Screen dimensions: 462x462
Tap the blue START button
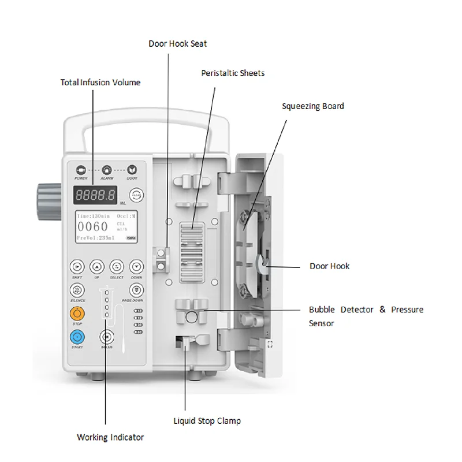tap(77, 337)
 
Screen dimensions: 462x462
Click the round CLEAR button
tap(136, 195)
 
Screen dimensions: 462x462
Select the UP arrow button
tap(97, 266)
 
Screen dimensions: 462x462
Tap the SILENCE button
tap(77, 290)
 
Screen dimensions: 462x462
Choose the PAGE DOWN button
tap(136, 290)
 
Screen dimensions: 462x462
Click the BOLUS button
tap(106, 337)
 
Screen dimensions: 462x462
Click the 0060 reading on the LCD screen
tap(93, 227)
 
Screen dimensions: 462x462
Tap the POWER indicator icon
tap(80, 170)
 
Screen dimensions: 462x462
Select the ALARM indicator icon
tap(106, 170)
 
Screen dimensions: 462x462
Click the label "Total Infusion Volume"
tap(100, 83)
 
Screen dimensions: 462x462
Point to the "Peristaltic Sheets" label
tap(233, 73)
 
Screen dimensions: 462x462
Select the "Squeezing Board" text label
tap(312, 106)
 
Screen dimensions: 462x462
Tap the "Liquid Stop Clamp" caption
tap(207, 421)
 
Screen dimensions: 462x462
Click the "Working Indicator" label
tap(110, 437)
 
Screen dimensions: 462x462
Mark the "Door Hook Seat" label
tap(177, 43)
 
